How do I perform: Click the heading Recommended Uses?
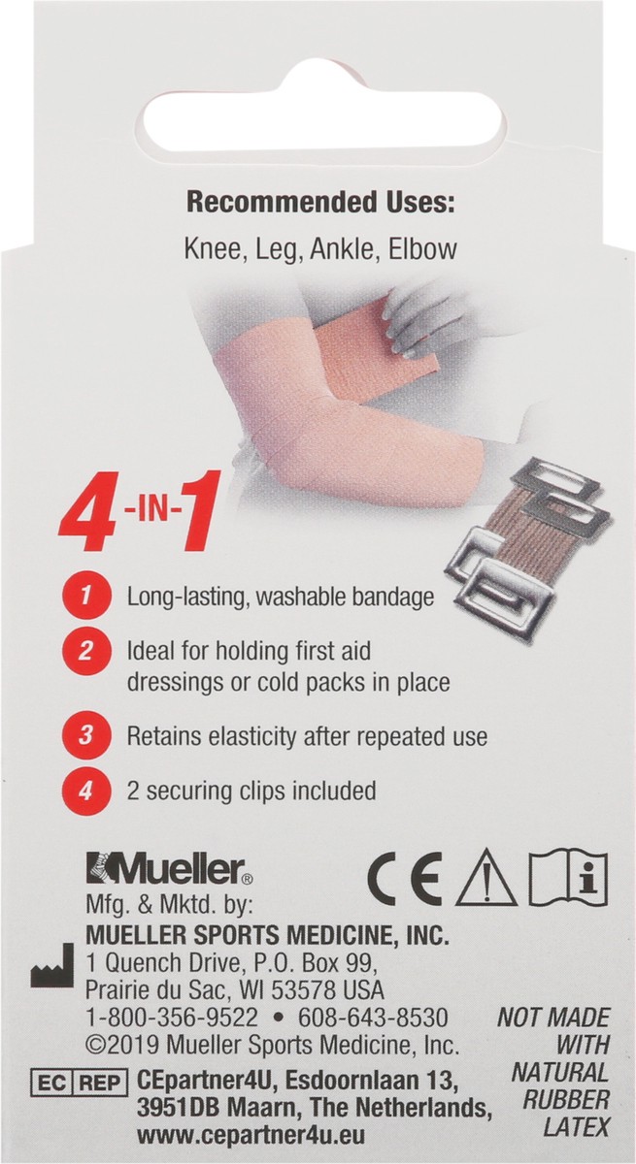tap(319, 204)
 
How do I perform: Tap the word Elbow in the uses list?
tap(421, 249)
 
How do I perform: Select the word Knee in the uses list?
tap(210, 249)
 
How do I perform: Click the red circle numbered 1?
tap(84, 597)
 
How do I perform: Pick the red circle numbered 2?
tap(84, 650)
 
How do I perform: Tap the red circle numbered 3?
tap(84, 735)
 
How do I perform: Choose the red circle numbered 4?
tap(84, 791)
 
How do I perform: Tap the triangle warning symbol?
tap(485, 880)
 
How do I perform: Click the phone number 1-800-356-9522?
tap(172, 1018)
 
